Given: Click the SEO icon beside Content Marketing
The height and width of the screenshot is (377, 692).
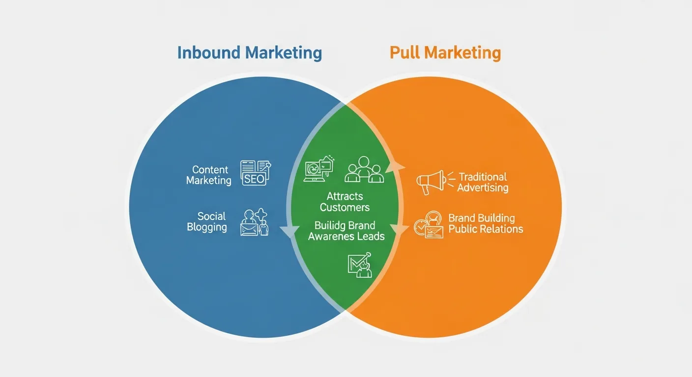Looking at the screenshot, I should click(255, 173).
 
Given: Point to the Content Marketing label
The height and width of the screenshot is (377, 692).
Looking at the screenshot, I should click(208, 175).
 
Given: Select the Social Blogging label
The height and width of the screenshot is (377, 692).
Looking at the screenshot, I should click(207, 222).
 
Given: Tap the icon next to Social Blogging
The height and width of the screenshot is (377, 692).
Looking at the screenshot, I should click(255, 222).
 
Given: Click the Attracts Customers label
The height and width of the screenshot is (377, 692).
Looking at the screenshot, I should click(345, 202).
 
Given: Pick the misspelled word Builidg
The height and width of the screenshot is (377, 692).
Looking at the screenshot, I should click(331, 226).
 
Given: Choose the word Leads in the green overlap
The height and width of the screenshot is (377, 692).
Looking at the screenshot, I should click(372, 237).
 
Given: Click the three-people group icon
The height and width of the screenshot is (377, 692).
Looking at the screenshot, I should click(364, 169).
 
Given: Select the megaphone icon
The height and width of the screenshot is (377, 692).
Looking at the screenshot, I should click(430, 183).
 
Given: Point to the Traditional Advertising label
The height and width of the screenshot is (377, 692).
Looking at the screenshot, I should click(483, 182).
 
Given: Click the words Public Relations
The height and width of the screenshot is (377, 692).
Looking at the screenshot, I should click(486, 229).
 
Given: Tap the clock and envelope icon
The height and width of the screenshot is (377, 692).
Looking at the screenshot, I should click(428, 225).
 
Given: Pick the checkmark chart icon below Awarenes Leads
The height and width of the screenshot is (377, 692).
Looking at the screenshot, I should click(360, 265).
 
